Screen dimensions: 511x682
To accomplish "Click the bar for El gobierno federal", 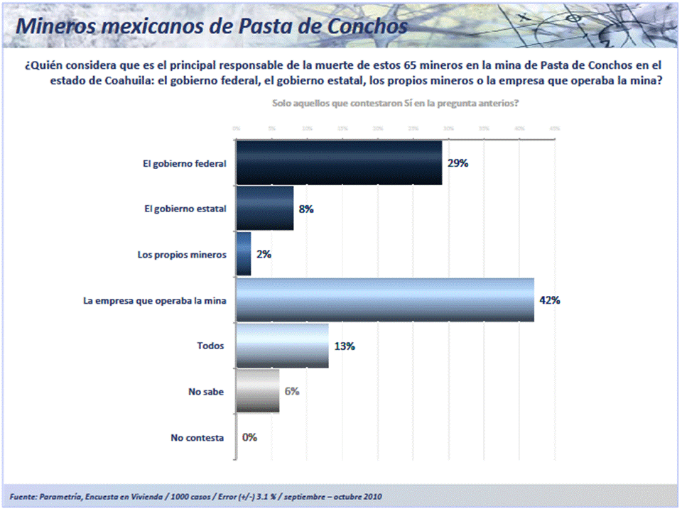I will (338, 163).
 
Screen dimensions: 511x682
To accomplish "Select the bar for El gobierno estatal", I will (264, 209).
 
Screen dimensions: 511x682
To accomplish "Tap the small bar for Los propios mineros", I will (243, 254).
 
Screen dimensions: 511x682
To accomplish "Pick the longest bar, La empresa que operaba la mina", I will (384, 300).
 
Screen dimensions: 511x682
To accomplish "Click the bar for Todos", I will (282, 346).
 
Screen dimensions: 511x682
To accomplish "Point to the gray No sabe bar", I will (257, 391).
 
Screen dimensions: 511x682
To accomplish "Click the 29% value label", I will (458, 163).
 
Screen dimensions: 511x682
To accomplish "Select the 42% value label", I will (550, 300).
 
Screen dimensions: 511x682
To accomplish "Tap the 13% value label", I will (345, 346).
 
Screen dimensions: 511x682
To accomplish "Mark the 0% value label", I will (249, 437).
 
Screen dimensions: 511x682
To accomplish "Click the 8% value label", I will (306, 209).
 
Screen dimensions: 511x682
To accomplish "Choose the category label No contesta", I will (197, 438).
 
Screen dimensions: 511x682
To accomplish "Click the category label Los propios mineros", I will (181, 254).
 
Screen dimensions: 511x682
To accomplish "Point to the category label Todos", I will (210, 346).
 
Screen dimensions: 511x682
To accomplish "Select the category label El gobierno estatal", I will (185, 209).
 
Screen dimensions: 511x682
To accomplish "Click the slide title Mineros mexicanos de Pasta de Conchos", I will (212, 26).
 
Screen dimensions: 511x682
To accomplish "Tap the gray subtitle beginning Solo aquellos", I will (395, 103).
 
